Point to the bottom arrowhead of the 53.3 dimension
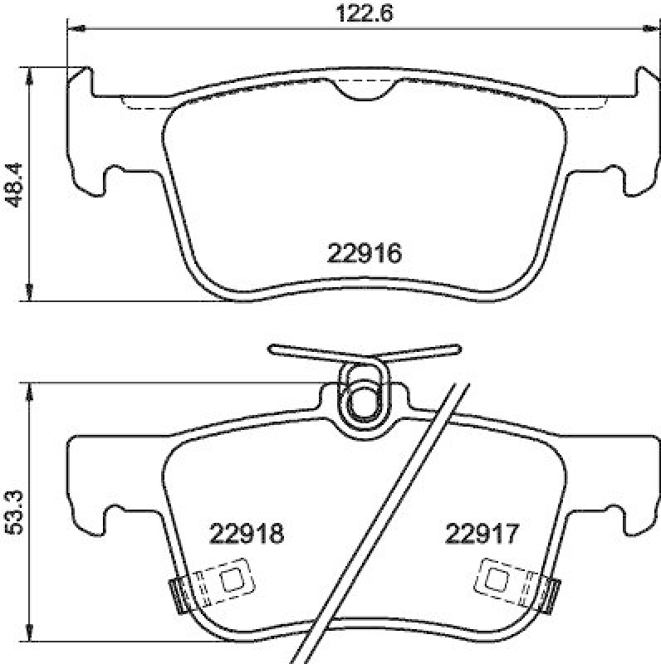31,632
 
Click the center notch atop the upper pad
366,90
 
